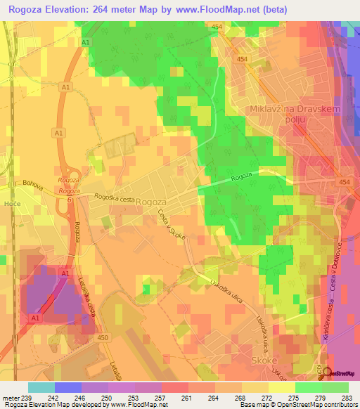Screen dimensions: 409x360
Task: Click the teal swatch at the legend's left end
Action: [x=41, y=387]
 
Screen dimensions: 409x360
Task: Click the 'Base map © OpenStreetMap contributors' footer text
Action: [x=297, y=405]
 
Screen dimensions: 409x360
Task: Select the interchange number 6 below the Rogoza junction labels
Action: [x=70, y=200]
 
